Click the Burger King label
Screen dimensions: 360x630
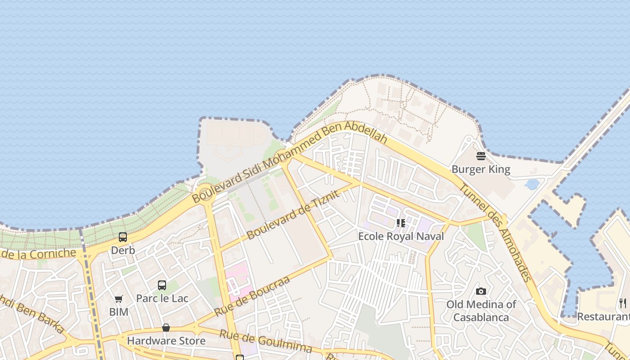tap(481, 170)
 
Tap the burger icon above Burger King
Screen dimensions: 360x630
tap(481, 156)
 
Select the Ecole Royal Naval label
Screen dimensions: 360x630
tap(401, 236)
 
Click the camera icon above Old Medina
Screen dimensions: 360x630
tap(481, 291)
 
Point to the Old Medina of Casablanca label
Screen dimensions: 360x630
tap(481, 311)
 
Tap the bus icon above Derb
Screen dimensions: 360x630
tap(123, 237)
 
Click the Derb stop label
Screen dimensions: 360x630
tap(123, 250)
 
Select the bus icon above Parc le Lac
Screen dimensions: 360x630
tap(162, 285)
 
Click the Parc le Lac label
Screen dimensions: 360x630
tap(162, 298)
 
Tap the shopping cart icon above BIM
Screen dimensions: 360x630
tap(119, 299)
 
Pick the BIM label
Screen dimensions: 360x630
tap(119, 312)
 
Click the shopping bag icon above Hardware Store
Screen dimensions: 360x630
tap(166, 328)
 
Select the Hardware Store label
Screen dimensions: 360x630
tap(166, 341)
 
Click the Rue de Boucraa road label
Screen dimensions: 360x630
tap(252, 296)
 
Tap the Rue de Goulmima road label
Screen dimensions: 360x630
tap(265, 341)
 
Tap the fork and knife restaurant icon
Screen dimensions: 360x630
tap(623, 303)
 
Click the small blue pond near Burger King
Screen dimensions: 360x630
tap(532, 184)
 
